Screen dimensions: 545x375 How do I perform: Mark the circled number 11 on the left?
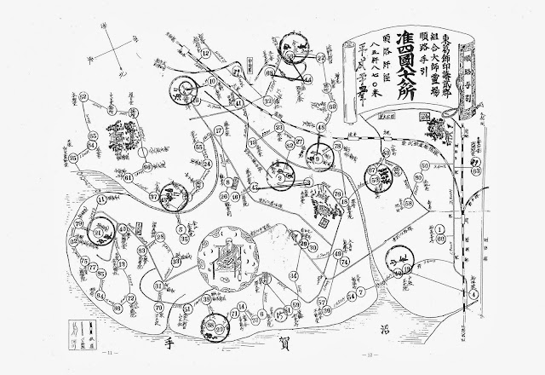click(102, 199)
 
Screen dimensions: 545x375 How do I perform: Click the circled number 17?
click(220, 131)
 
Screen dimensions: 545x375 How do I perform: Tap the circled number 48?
click(321, 127)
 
